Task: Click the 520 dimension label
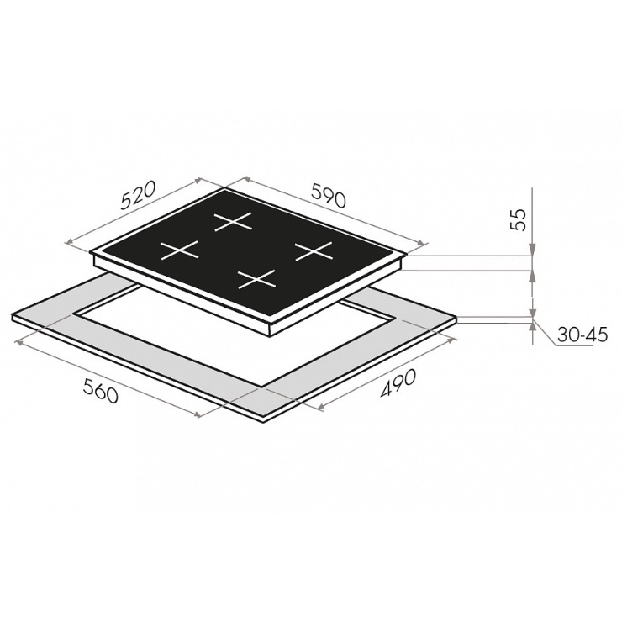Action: pos(137,196)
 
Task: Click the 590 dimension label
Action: pos(329,195)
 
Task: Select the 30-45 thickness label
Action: pos(582,335)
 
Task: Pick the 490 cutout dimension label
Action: pos(398,382)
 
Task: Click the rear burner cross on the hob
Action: pos(233,221)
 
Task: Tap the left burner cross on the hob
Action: pos(179,250)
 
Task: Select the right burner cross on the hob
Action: pos(314,251)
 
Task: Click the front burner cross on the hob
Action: pos(256,279)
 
